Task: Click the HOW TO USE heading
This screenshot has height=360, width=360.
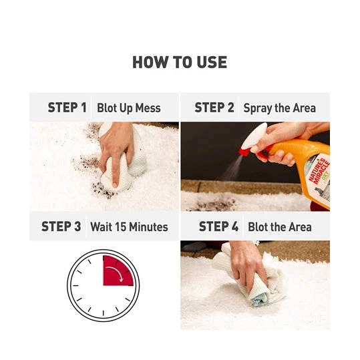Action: click(180, 62)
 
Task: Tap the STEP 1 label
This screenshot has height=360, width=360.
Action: click(67, 108)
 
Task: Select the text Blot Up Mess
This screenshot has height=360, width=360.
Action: click(128, 108)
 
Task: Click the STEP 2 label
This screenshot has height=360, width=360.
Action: click(214, 108)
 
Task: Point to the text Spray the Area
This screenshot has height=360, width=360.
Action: click(279, 108)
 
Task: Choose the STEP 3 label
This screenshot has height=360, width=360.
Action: click(61, 226)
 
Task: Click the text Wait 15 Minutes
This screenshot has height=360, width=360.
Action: click(129, 227)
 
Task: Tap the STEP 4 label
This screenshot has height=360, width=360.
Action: click(218, 226)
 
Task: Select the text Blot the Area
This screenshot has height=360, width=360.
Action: click(280, 227)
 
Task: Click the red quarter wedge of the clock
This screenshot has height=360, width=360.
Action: click(116, 273)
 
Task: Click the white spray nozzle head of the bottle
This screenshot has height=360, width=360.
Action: click(254, 136)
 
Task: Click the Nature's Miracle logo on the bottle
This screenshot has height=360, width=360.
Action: click(319, 171)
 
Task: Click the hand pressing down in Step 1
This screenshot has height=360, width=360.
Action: click(116, 149)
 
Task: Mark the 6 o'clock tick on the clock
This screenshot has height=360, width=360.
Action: click(104, 313)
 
